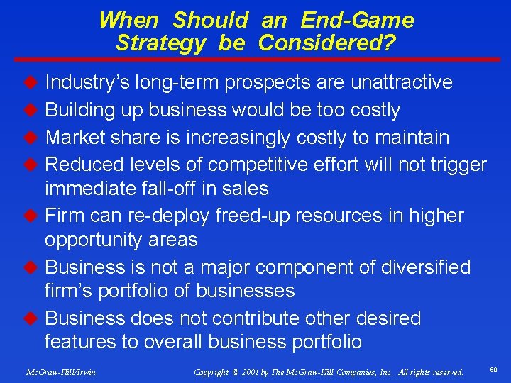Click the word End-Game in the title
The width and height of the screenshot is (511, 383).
click(357, 20)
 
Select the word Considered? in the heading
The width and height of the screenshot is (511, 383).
click(327, 43)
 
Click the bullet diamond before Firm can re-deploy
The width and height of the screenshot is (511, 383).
click(31, 216)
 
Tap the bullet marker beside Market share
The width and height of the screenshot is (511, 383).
click(31, 137)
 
